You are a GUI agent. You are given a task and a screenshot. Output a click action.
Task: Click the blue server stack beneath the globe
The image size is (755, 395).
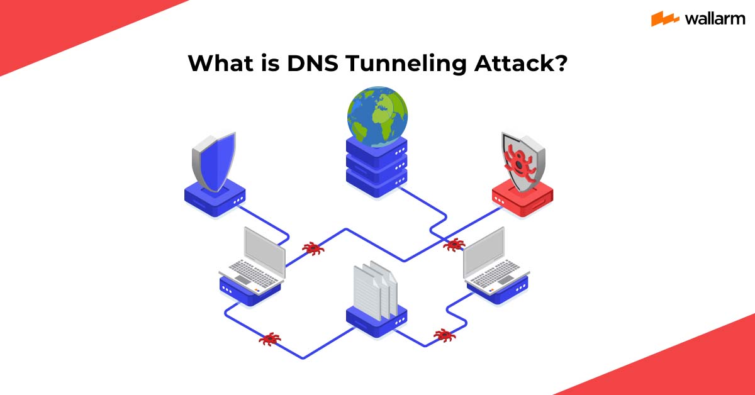click(x=377, y=165)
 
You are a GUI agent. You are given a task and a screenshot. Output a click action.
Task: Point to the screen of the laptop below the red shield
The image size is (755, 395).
click(x=484, y=252)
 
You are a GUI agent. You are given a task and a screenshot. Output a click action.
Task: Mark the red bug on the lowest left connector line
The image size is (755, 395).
click(x=270, y=340)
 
